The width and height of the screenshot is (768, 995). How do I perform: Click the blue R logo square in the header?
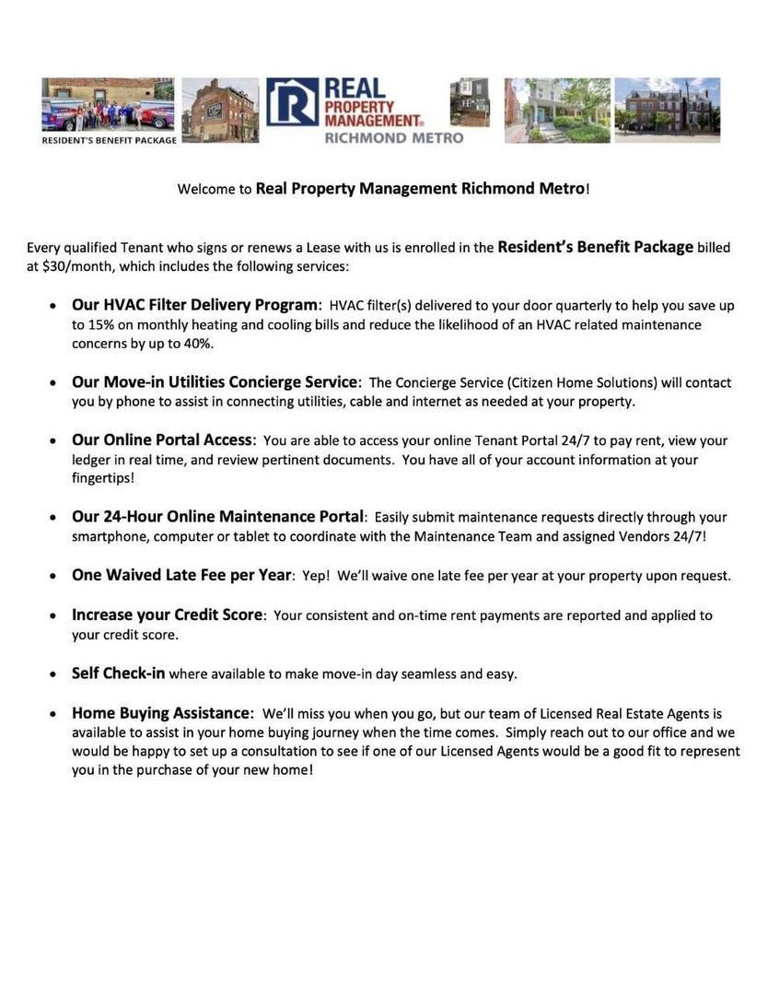292,102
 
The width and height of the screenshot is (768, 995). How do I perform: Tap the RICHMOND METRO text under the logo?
393,138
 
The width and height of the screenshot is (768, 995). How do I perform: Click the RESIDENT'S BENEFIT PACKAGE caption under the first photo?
109,141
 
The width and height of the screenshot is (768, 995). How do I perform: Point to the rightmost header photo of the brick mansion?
668,109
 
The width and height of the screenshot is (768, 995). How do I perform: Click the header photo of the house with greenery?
557,110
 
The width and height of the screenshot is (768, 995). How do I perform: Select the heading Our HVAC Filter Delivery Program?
195,305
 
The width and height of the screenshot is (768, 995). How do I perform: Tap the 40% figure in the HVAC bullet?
198,344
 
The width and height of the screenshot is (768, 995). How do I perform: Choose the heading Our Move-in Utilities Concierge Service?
215,382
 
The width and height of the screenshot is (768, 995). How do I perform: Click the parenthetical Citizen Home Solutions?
583,382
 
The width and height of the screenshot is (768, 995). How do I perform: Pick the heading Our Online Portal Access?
162,440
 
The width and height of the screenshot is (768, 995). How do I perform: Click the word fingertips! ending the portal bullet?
103,478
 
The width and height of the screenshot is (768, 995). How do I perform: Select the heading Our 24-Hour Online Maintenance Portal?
218,517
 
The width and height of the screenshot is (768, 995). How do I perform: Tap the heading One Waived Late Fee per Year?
181,575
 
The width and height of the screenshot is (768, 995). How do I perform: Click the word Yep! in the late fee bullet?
316,576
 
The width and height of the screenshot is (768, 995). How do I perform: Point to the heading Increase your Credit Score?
167,615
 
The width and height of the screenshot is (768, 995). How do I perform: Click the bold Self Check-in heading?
118,673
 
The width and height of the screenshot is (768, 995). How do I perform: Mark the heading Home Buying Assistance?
161,713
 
